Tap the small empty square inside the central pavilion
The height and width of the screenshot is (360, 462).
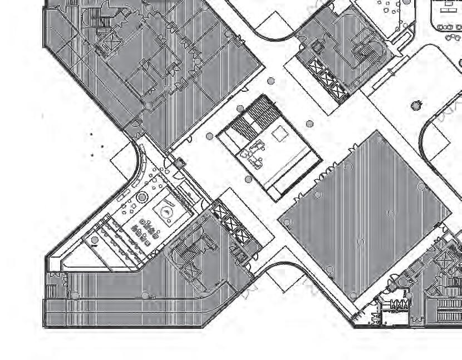279,134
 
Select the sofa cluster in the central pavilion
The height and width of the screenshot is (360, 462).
257,153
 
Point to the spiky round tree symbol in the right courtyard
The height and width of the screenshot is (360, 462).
415,105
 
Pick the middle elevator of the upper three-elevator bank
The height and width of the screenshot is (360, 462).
326,78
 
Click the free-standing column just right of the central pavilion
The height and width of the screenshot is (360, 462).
310,124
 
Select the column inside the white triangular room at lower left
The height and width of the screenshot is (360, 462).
95,240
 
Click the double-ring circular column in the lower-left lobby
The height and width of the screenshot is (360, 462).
142,198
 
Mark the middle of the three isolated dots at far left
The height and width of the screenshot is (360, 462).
102,146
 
